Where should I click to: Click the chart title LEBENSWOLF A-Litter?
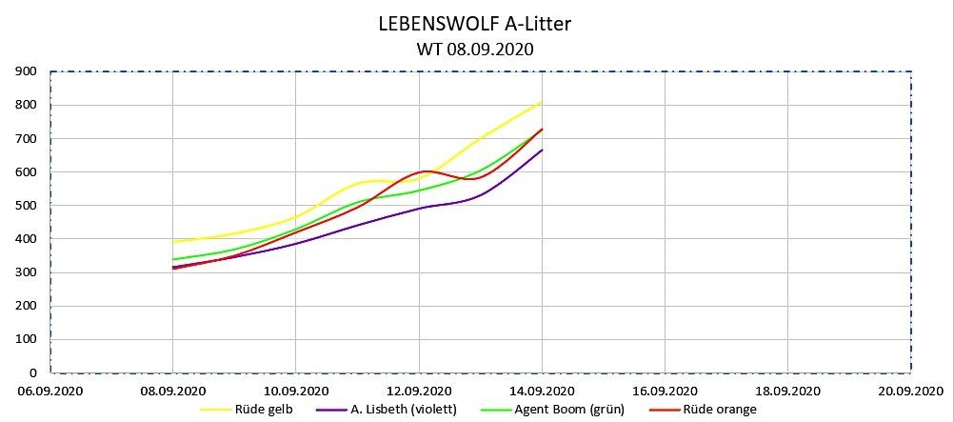[x=474, y=25]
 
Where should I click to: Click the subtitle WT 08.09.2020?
[x=474, y=50]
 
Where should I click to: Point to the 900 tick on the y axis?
[x=28, y=71]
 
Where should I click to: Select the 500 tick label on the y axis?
[x=28, y=206]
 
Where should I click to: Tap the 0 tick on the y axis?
[x=33, y=373]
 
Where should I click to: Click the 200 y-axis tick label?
[x=28, y=307]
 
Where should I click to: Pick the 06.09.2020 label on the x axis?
[x=50, y=391]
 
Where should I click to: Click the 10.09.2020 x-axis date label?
[x=296, y=391]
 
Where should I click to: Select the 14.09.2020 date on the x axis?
[x=542, y=391]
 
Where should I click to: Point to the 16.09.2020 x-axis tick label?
[x=665, y=391]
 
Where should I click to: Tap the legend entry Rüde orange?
[x=722, y=410]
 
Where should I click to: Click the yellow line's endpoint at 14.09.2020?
[x=542, y=102]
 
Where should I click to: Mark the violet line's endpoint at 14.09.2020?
[x=542, y=150]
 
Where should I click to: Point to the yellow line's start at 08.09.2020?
[x=172, y=242]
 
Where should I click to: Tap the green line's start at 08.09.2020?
[x=172, y=260]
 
